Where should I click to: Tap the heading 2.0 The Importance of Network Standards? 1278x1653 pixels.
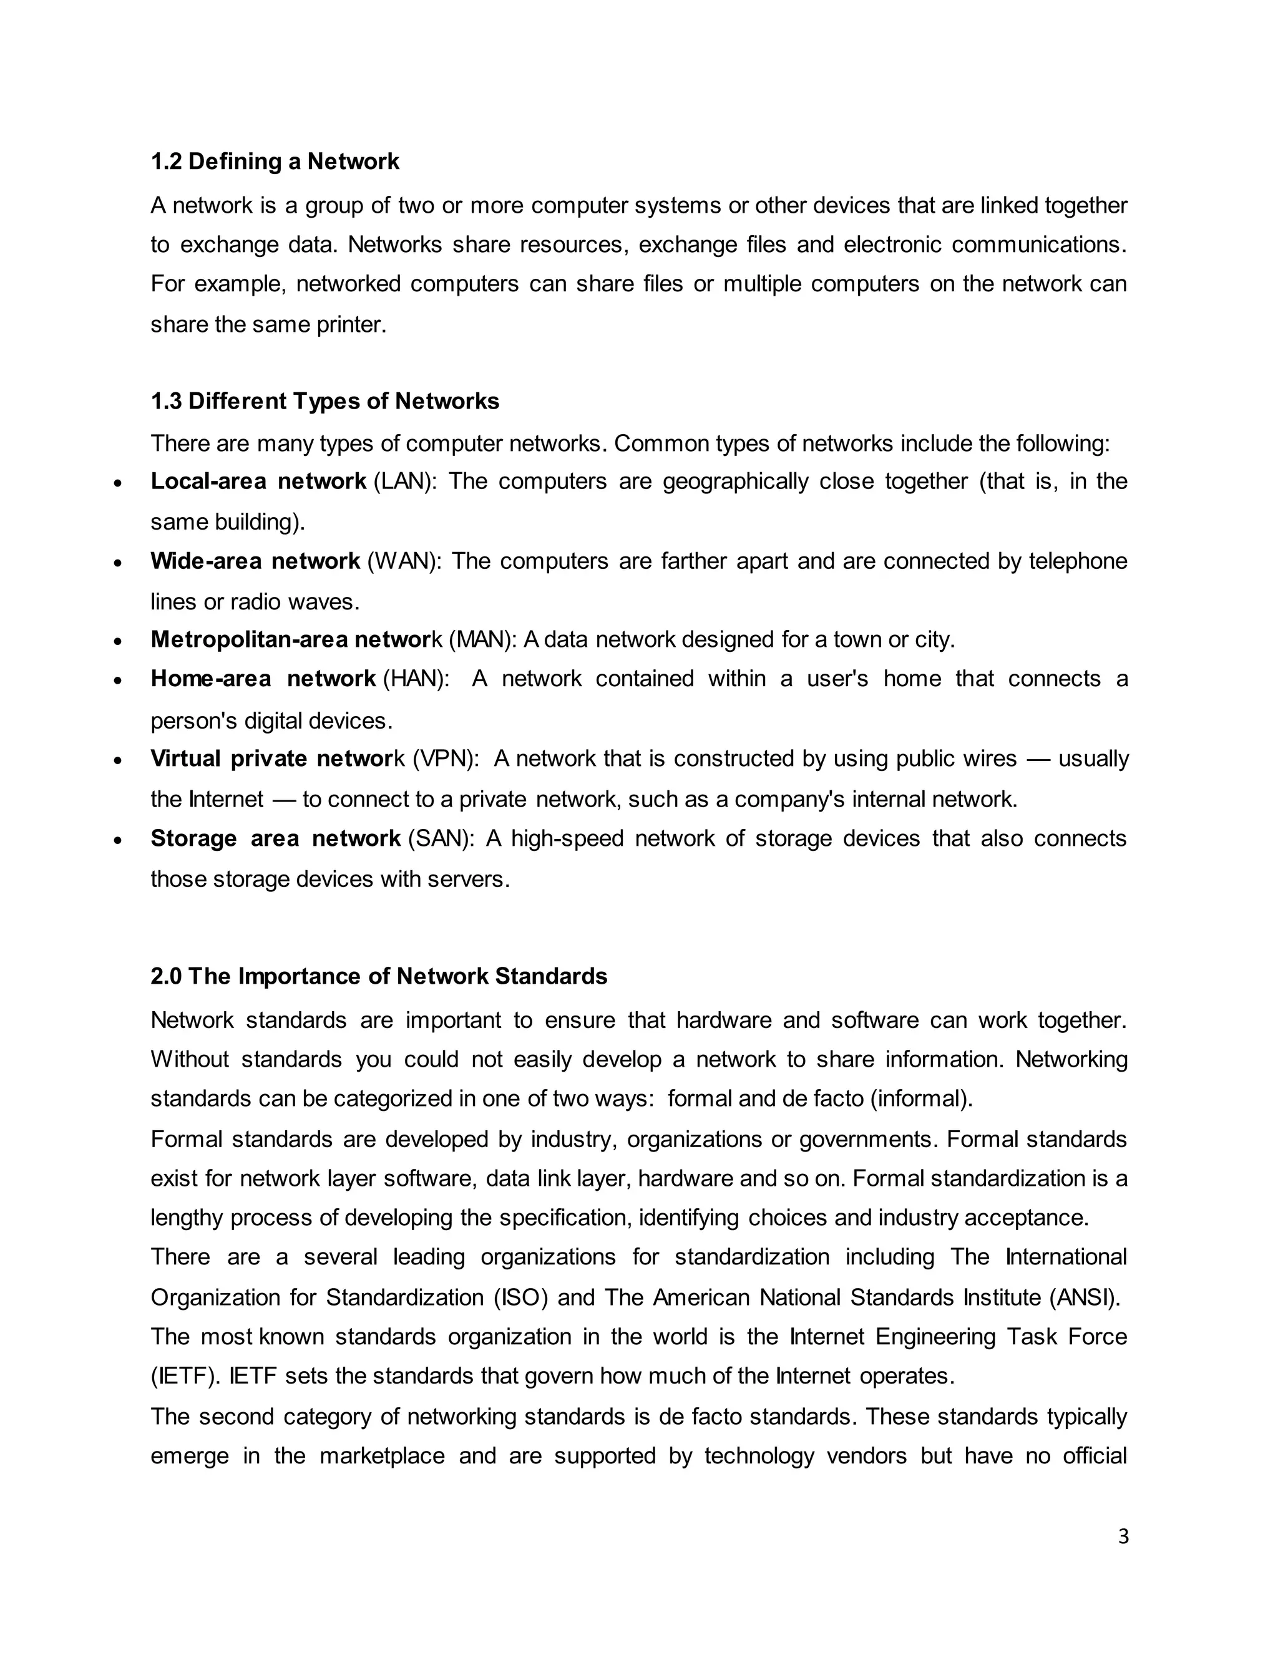pyautogui.click(x=379, y=976)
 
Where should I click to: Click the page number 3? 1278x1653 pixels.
pyautogui.click(x=1123, y=1536)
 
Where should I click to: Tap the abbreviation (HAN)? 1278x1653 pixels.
pyautogui.click(x=416, y=678)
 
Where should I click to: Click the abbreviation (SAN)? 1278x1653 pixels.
pyautogui.click(x=441, y=838)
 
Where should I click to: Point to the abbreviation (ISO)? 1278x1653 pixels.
pyautogui.click(x=521, y=1297)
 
